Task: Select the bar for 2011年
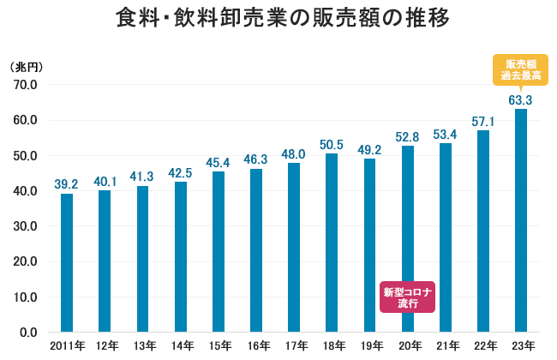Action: click(67, 262)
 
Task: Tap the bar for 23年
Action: click(521, 220)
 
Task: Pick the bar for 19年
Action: click(369, 245)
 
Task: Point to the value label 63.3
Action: click(521, 100)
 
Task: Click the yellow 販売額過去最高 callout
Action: click(521, 70)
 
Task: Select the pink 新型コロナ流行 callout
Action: click(408, 297)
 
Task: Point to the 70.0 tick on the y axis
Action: click(25, 85)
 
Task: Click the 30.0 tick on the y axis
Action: click(25, 226)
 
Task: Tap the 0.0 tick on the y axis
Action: click(28, 333)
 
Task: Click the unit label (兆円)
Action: click(26, 67)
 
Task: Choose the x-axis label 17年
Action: click(294, 345)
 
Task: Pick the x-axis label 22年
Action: click(483, 345)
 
